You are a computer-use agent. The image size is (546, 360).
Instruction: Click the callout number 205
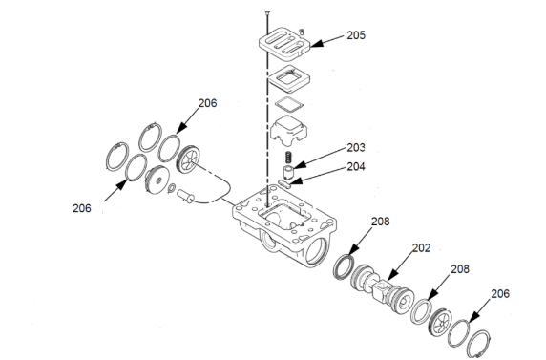(x=356, y=35)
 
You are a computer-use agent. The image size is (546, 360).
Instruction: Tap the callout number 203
(x=356, y=147)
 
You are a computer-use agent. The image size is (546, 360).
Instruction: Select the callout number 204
(x=356, y=166)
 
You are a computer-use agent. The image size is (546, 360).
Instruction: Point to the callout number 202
(x=421, y=247)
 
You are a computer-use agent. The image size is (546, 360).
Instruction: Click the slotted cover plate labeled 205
(x=284, y=43)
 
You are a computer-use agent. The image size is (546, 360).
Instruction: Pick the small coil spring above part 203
(x=288, y=158)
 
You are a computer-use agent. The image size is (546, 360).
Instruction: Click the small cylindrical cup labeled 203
(x=288, y=172)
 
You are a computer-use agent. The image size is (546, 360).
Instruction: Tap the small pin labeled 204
(x=284, y=183)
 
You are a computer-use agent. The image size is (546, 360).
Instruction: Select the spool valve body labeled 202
(x=382, y=288)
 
